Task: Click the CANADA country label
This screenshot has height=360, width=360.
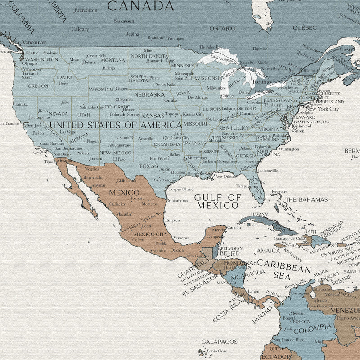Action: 140,6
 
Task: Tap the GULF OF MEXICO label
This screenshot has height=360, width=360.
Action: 217,202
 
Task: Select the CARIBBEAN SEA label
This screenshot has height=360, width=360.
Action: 283,269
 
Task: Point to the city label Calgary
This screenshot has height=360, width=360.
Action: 80,29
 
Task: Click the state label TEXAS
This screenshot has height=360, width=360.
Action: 148,166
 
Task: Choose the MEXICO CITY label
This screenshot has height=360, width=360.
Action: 151,234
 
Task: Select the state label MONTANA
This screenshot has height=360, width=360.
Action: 113,60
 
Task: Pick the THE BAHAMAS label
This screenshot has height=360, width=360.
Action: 306,199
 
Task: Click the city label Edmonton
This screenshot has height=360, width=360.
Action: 86,10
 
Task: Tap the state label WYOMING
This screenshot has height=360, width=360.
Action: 101,89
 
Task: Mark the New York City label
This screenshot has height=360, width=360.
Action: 322,109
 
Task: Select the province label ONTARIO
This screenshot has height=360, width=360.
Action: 222,28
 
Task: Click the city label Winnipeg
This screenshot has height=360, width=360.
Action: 175,38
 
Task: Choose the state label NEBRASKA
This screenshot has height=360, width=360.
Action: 149,95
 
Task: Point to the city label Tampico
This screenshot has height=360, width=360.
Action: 172,220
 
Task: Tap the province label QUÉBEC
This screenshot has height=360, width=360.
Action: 305,27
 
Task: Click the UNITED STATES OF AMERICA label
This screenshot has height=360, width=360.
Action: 116,125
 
